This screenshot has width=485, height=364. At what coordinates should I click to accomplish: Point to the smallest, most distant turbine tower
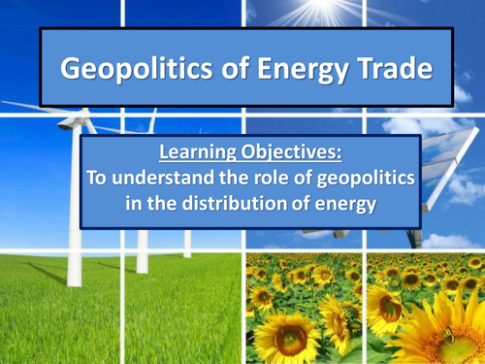186,243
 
